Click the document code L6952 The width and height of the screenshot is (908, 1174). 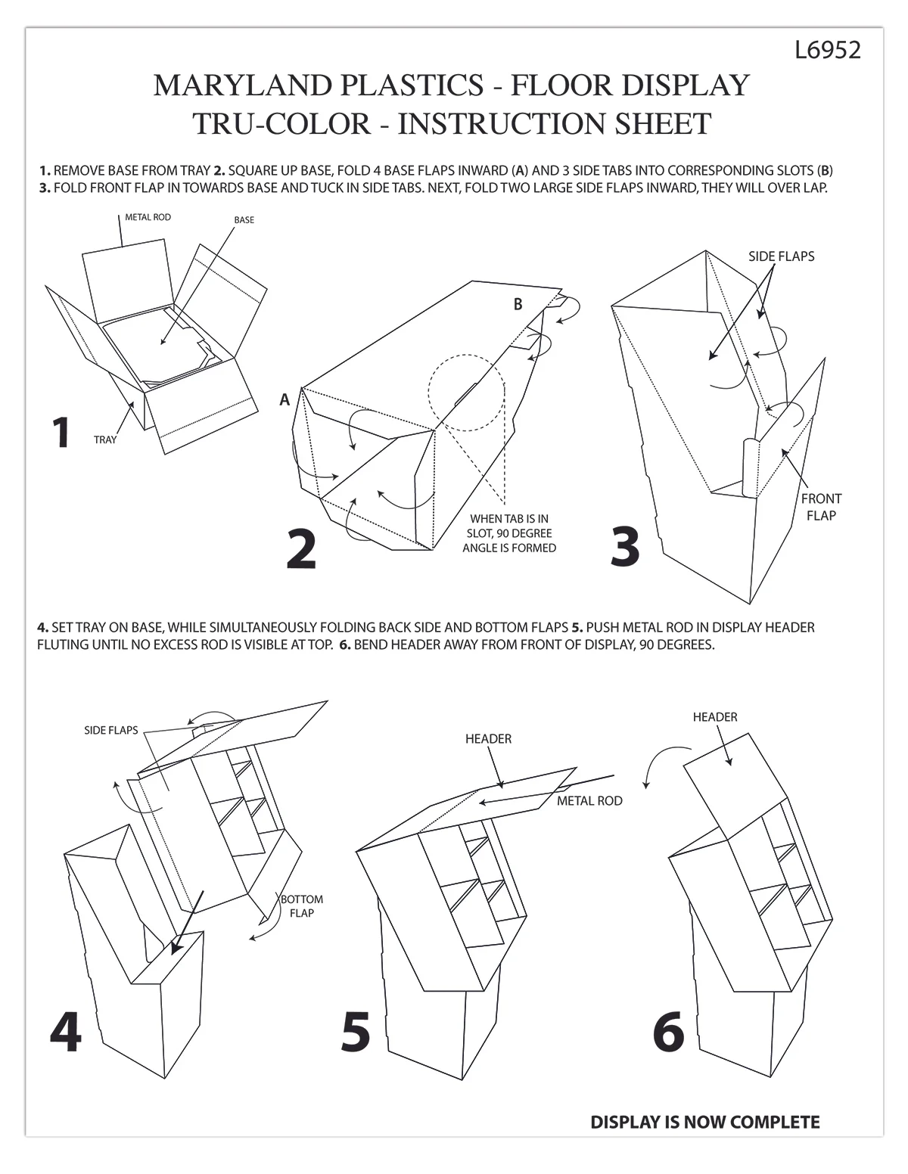[828, 50]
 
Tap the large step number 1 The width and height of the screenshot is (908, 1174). [61, 433]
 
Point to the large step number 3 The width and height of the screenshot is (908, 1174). [625, 546]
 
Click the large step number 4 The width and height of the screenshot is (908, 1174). [65, 1032]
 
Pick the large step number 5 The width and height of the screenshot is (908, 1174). [356, 1032]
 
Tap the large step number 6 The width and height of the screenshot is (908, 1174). [668, 1032]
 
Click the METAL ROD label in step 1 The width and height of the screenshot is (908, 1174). [148, 218]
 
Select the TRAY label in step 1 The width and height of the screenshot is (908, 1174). [105, 439]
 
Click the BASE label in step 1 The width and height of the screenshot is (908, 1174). [244, 220]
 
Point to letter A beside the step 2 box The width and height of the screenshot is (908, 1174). [285, 400]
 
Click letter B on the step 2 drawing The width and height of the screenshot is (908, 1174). [518, 304]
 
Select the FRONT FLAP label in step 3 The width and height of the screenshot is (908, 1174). [820, 507]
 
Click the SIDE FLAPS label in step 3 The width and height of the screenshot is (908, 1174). [781, 256]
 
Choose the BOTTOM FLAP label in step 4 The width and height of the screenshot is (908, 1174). [301, 906]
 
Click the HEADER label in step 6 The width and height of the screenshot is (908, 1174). [714, 717]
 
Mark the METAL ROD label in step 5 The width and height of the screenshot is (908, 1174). [589, 801]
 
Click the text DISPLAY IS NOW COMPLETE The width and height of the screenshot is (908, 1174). [704, 1123]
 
